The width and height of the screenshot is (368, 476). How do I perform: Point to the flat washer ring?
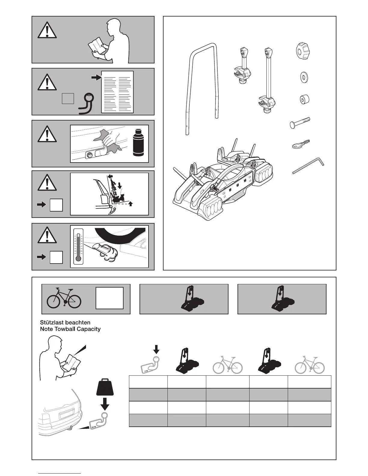pyautogui.click(x=304, y=77)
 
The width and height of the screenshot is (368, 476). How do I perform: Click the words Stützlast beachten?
pyautogui.click(x=65, y=322)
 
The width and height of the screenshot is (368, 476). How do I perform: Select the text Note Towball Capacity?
pyautogui.click(x=70, y=329)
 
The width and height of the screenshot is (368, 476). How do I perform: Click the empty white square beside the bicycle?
pyautogui.click(x=109, y=298)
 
